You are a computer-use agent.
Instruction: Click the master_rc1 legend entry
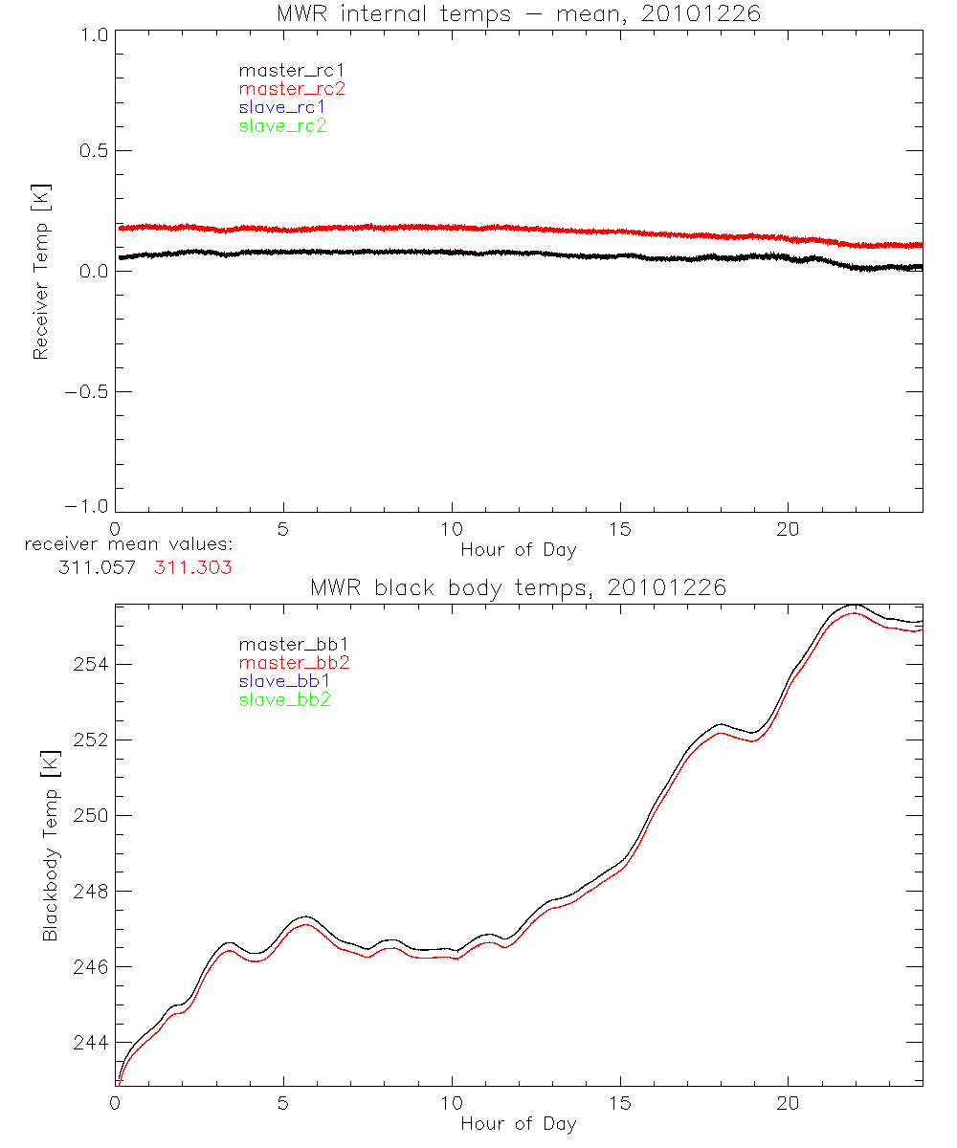(x=282, y=70)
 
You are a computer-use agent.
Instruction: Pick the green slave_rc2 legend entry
(x=282, y=125)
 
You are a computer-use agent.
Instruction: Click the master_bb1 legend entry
(x=283, y=645)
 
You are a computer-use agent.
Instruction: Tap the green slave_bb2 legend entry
(x=283, y=700)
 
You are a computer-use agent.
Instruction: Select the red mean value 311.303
(x=193, y=567)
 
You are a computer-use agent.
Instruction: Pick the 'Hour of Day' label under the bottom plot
(x=519, y=1124)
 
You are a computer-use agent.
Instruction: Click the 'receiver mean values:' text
(x=129, y=545)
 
